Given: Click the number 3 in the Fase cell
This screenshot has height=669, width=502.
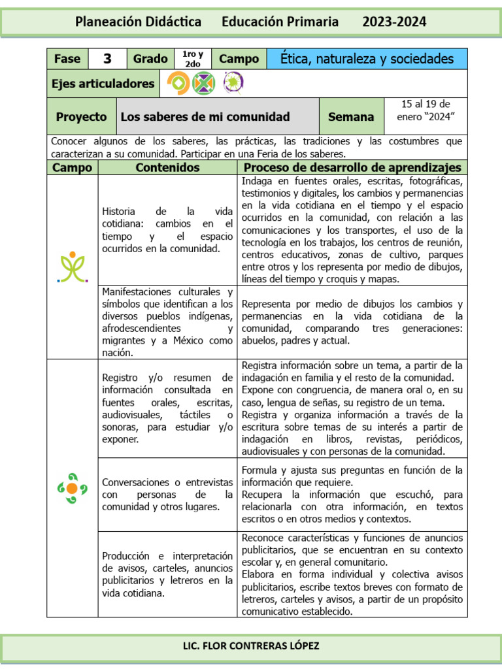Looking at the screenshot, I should coord(107,59).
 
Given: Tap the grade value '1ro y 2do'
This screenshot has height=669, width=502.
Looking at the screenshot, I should coord(193,59).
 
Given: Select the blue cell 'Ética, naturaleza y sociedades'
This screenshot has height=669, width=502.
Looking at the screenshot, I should coord(367,59).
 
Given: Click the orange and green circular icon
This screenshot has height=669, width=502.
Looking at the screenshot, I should coord(178,83).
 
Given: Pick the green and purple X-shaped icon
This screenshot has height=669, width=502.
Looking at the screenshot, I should coord(205,83).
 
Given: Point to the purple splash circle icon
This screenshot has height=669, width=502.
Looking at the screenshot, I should coord(231,83).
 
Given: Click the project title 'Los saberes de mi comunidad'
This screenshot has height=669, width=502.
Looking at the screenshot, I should coord(205,117).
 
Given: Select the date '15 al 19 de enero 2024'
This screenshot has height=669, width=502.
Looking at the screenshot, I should coord(426,110).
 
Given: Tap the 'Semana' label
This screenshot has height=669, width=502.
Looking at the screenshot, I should coord(351,117).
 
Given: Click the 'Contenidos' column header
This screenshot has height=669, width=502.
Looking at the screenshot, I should coord(167,168).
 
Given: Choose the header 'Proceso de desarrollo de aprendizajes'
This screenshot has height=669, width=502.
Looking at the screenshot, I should coord(352,168).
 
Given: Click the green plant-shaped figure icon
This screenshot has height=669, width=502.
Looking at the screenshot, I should coord(73,267).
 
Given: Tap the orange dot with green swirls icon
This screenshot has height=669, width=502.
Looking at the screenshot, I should coord(73,488).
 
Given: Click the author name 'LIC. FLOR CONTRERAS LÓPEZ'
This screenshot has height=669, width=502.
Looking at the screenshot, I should coord(250,646).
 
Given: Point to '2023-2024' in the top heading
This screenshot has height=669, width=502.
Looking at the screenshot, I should coord(394,22).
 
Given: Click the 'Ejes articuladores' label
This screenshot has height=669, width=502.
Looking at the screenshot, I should coord(103,83).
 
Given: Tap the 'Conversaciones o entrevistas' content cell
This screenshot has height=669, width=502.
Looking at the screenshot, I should coord(167,494).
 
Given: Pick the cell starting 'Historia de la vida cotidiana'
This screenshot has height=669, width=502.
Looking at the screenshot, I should coord(167,230).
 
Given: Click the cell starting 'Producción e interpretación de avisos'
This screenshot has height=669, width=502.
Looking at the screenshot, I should coord(167,574).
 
